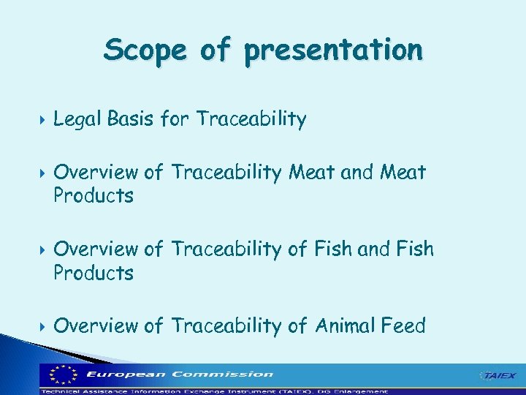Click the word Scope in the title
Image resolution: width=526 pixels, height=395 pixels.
(144, 50)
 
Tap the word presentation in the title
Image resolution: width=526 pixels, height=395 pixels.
(333, 50)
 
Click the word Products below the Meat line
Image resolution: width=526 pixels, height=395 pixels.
(94, 196)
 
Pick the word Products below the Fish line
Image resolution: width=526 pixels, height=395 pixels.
(94, 274)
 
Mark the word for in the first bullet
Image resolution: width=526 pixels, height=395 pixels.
(175, 118)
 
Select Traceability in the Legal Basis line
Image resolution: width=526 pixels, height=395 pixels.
(251, 119)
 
